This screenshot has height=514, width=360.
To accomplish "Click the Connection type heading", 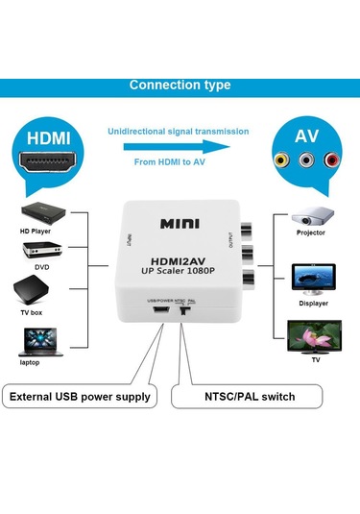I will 180,86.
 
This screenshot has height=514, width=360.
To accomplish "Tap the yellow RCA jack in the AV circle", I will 281,160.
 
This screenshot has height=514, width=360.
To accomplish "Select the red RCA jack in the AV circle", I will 331,160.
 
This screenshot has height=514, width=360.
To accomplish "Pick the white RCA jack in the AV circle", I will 306,160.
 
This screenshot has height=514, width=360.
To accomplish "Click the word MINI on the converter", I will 180,225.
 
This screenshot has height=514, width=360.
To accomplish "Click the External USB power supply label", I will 80,396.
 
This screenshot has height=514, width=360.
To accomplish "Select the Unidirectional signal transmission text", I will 179,131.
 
